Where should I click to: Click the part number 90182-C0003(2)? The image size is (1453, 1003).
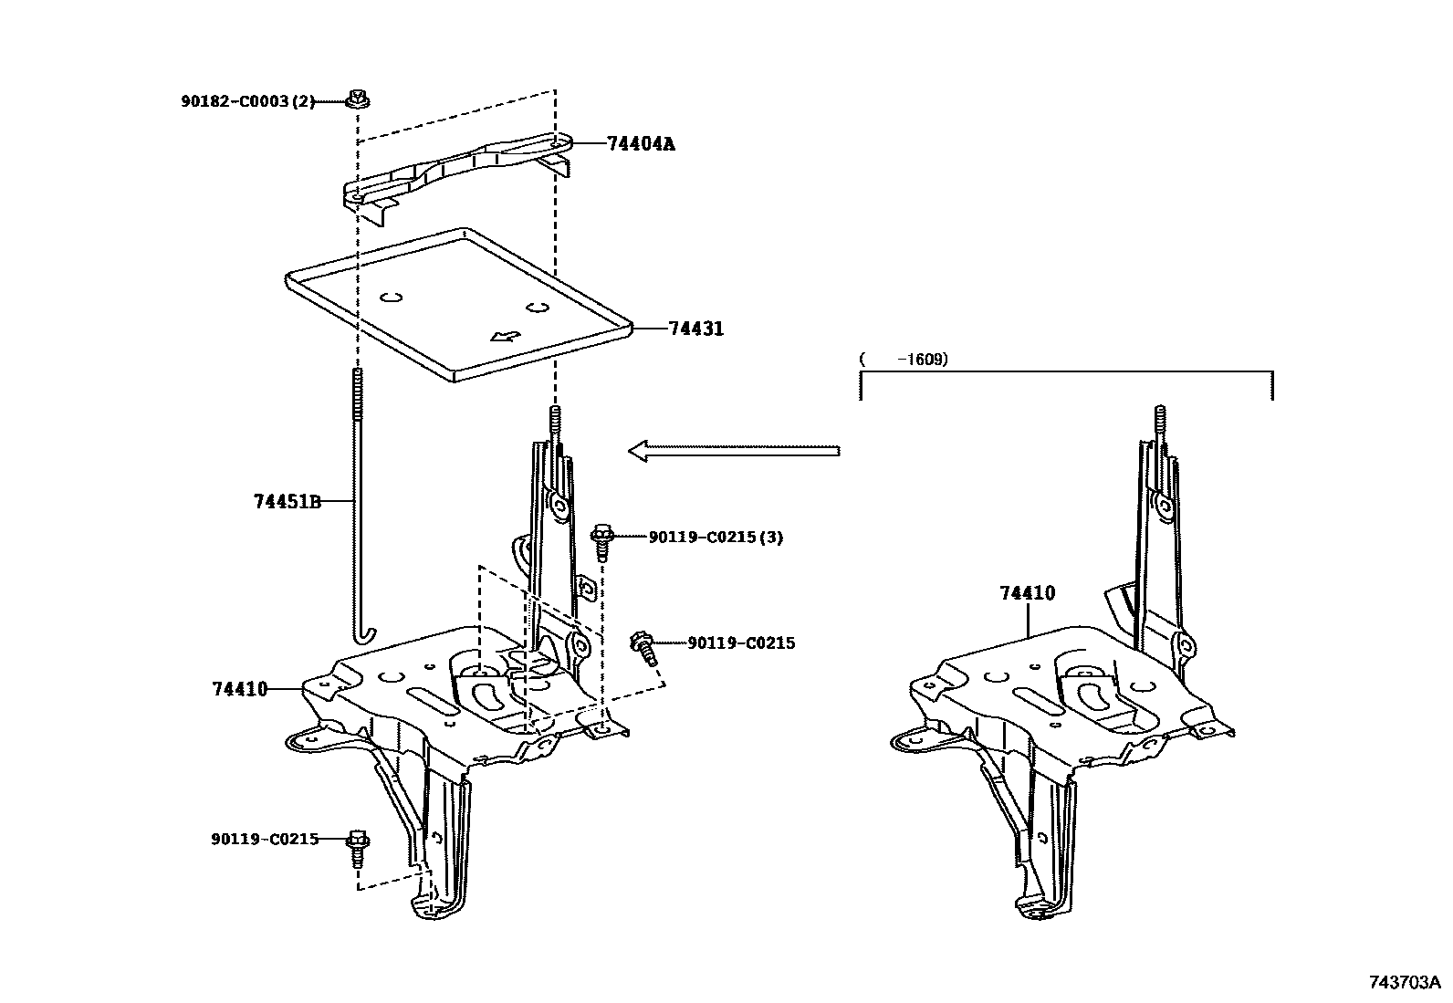point(246,101)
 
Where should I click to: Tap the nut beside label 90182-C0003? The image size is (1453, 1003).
point(357,98)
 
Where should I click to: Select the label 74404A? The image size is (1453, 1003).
point(641,143)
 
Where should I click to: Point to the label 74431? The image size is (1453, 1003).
point(695,329)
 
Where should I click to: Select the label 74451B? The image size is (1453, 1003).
point(287,501)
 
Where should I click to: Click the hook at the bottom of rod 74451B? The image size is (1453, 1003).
point(363,632)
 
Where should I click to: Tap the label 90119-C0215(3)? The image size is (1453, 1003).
point(716,538)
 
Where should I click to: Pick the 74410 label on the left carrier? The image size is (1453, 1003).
point(240,689)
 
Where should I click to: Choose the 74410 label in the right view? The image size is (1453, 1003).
point(1027,593)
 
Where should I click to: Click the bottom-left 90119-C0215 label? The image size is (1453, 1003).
point(265,839)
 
